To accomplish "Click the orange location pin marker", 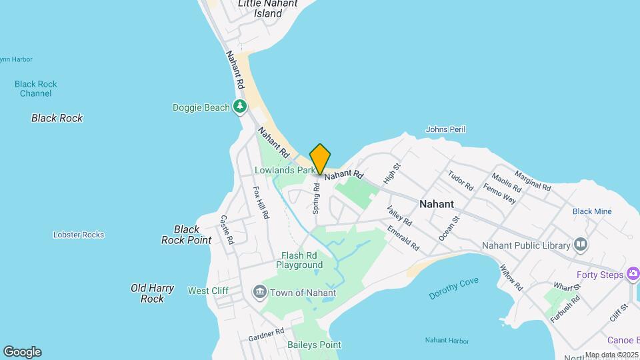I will [321, 159].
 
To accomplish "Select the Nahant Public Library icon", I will [581, 245].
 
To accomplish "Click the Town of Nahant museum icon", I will [260, 292].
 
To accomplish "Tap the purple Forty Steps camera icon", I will [633, 274].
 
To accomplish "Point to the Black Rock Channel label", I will [36, 89].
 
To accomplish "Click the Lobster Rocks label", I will [79, 235].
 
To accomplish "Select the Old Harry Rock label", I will [153, 293].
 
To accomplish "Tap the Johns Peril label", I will [445, 129].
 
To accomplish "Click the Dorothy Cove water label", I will [453, 288].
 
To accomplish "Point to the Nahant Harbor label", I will [447, 341].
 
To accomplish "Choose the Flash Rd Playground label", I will [302, 260].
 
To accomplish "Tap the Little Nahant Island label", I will [269, 9].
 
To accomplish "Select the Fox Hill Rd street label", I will [261, 202].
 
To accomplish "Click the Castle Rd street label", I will [227, 229].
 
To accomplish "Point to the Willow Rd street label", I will [511, 275].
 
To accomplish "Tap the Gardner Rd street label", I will [266, 333].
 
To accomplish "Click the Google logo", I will [22, 352].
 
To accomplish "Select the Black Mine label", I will [591, 211].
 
